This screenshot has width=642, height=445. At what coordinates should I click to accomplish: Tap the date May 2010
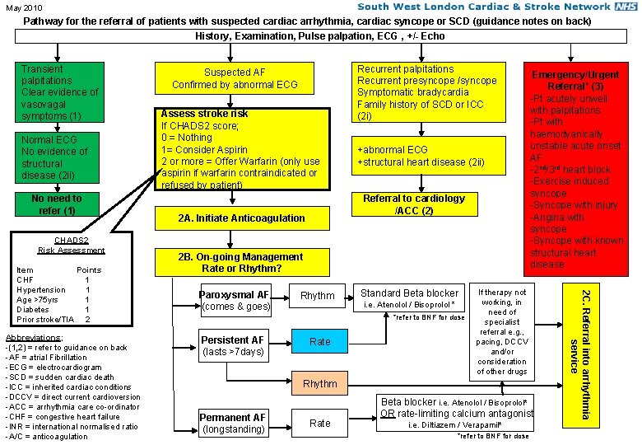pos(22,8)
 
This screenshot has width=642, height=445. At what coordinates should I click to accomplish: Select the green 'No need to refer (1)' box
pos(57,204)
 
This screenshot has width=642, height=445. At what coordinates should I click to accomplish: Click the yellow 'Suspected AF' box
pos(235,78)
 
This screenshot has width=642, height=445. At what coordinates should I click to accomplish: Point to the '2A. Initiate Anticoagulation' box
pos(242,218)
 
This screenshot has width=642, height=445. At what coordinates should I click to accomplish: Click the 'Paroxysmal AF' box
pos(235,300)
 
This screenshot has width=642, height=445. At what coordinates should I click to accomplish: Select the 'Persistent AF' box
pos(235,345)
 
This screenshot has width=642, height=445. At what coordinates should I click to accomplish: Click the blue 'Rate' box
pos(320,341)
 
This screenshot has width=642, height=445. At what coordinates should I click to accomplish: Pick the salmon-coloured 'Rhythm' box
pos(320,383)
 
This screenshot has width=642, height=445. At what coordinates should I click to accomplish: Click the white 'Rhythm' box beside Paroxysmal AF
pos(318,296)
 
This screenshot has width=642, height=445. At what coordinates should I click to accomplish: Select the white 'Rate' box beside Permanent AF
pos(320,423)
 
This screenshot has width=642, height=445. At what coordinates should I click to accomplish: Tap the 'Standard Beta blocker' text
pos(409,293)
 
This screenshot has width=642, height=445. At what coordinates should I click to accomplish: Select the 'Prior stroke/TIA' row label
pos(45,319)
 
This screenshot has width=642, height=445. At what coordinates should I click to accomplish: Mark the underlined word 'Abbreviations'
pos(33,338)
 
